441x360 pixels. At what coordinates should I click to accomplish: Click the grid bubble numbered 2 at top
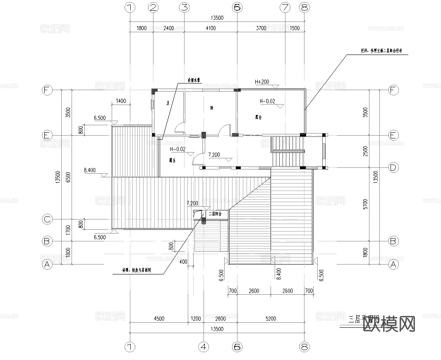(x=153, y=7)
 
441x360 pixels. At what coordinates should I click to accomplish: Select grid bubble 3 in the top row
(x=184, y=7)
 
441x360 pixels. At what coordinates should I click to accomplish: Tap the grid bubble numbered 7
(x=285, y=7)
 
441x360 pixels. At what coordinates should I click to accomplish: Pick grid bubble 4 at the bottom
(x=203, y=348)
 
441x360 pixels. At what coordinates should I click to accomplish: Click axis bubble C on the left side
(x=48, y=219)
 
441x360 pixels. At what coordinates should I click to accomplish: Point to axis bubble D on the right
(x=393, y=167)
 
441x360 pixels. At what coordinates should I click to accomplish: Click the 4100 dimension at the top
(x=210, y=29)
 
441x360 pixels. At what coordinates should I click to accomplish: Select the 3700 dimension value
(x=261, y=29)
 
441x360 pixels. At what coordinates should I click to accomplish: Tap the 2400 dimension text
(x=168, y=29)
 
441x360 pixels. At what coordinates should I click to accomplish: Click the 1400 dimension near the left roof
(x=121, y=101)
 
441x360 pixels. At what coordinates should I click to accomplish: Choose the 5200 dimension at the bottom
(x=271, y=319)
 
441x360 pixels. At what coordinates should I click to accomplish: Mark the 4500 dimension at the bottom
(x=159, y=319)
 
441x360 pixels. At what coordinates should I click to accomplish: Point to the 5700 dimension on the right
(x=365, y=204)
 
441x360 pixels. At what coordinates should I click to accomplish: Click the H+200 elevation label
(x=262, y=82)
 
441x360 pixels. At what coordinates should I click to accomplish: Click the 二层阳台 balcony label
(x=215, y=214)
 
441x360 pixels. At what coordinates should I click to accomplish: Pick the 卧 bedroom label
(x=211, y=108)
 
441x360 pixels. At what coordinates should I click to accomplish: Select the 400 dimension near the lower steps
(x=183, y=262)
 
